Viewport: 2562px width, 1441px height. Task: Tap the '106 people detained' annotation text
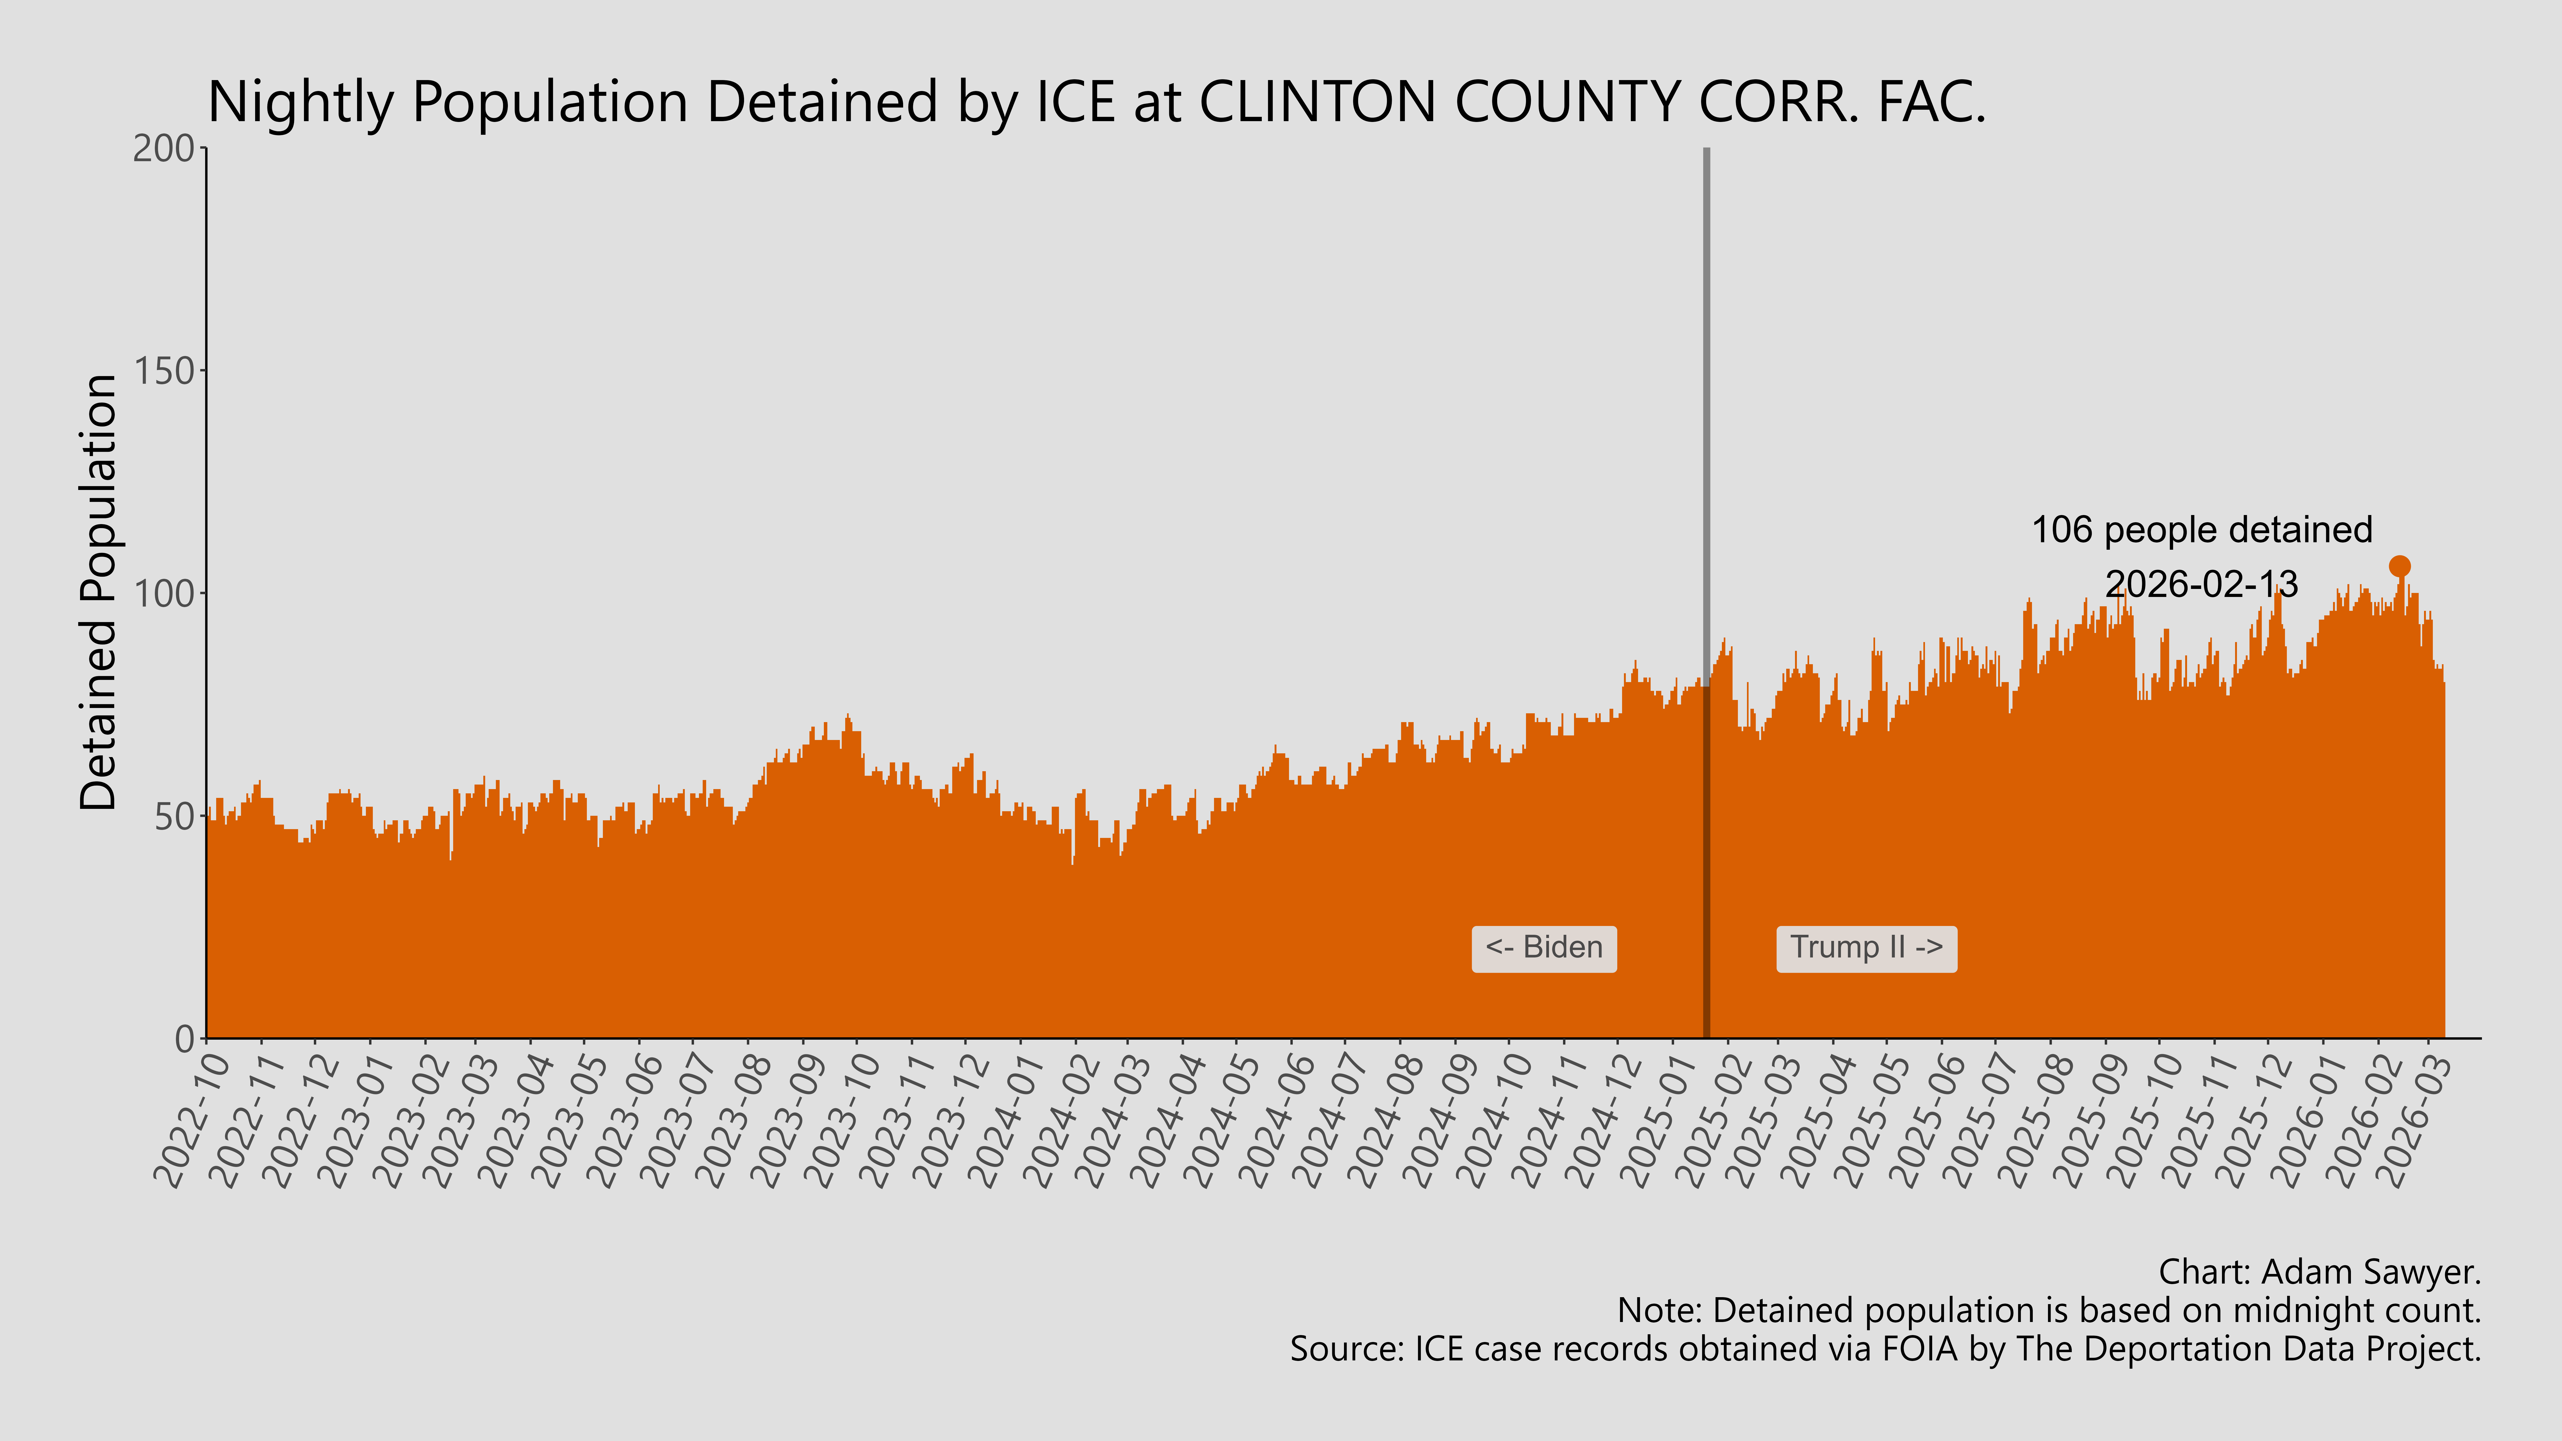pyautogui.click(x=2201, y=530)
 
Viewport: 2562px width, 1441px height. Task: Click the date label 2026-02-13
pyautogui.click(x=2201, y=584)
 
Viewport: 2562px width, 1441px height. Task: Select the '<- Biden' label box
pyautogui.click(x=1544, y=948)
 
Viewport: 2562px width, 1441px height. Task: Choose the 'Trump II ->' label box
pyautogui.click(x=1866, y=948)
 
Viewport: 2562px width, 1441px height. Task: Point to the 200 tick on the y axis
pyautogui.click(x=164, y=149)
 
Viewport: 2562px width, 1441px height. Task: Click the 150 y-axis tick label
pyautogui.click(x=164, y=371)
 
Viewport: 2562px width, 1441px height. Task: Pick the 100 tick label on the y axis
pyautogui.click(x=164, y=594)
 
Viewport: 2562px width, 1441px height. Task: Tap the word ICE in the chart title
pyautogui.click(x=1075, y=102)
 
